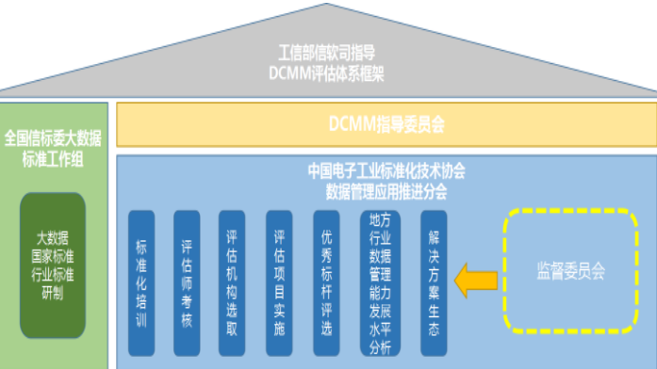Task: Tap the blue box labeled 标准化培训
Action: tap(142, 281)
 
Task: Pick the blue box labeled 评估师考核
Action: tap(188, 281)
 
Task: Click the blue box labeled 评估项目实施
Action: tap(280, 281)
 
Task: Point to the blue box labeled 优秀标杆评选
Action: tap(327, 281)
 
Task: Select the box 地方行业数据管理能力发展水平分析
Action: tap(381, 281)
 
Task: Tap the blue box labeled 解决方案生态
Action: tap(433, 281)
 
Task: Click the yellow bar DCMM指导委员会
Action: tap(386, 123)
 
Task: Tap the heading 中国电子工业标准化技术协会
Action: tap(386, 171)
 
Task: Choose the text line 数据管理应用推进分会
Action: tap(386, 190)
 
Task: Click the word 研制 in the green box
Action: tap(53, 292)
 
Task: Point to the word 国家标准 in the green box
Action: tap(53, 255)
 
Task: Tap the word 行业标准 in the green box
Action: tap(53, 274)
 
